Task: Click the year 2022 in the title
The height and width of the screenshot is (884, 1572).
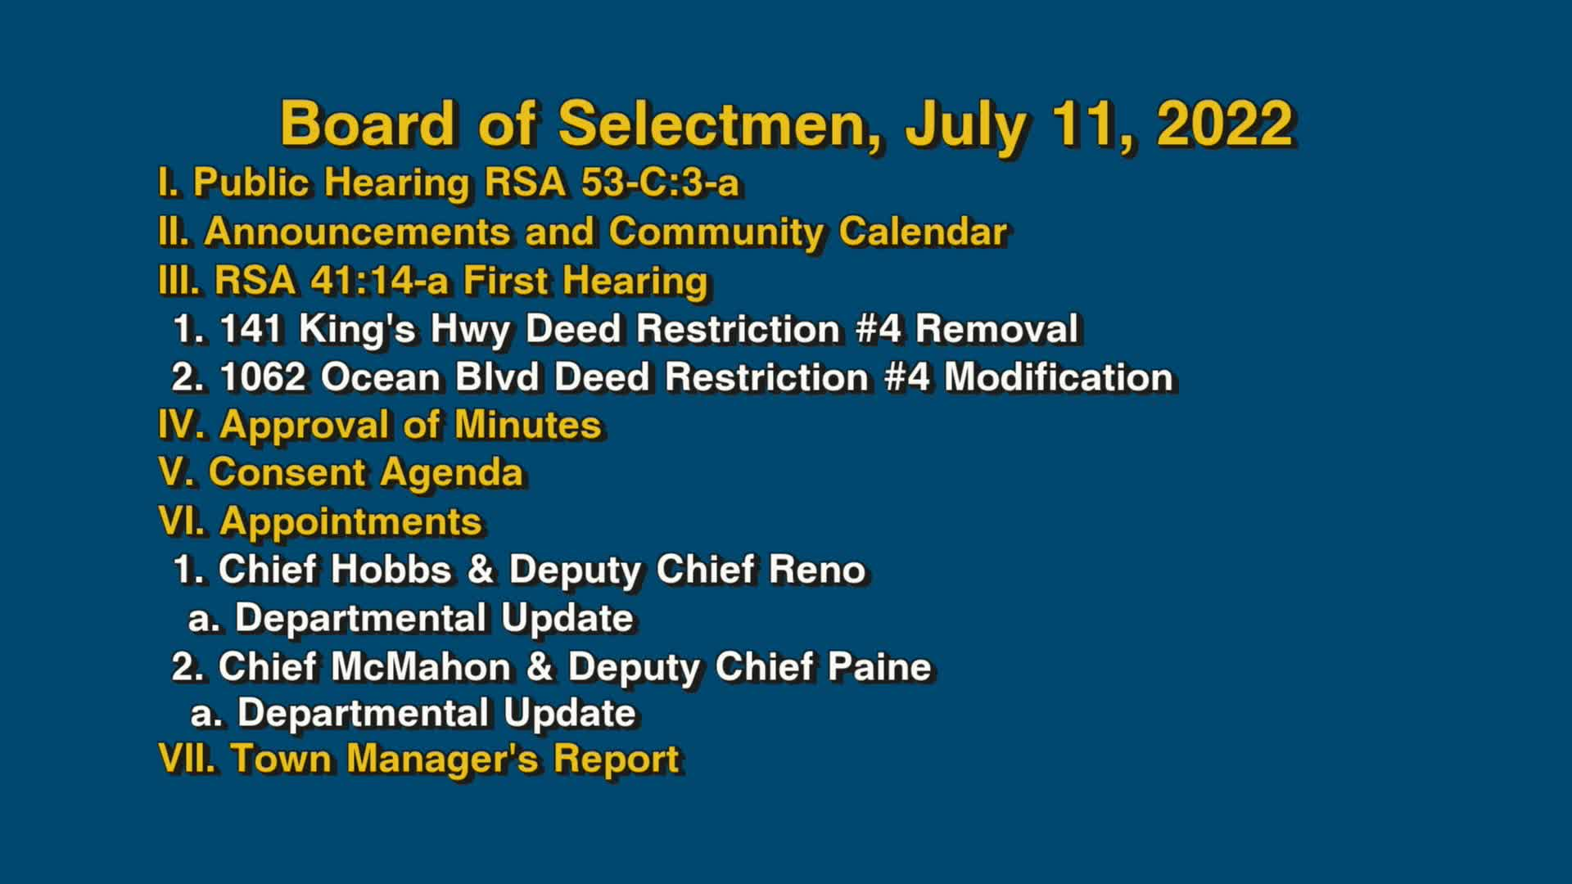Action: tap(1224, 124)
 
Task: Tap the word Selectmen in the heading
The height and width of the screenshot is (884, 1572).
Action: tap(720, 124)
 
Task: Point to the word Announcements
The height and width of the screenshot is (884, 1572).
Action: tap(357, 232)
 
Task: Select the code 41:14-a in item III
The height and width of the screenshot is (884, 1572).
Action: tap(379, 281)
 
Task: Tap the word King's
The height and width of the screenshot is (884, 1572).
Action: tap(358, 329)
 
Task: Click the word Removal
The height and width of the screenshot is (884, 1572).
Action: tap(996, 329)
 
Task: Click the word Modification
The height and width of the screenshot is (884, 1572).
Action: tap(1059, 377)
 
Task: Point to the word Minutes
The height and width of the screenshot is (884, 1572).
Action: tap(527, 425)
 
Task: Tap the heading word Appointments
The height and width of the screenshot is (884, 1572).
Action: tap(350, 521)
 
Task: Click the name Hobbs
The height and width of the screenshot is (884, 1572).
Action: tap(391, 570)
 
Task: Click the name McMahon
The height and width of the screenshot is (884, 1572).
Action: tap(421, 666)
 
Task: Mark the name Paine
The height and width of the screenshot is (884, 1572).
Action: tap(879, 666)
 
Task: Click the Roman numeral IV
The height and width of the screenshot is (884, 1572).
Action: tap(180, 425)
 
